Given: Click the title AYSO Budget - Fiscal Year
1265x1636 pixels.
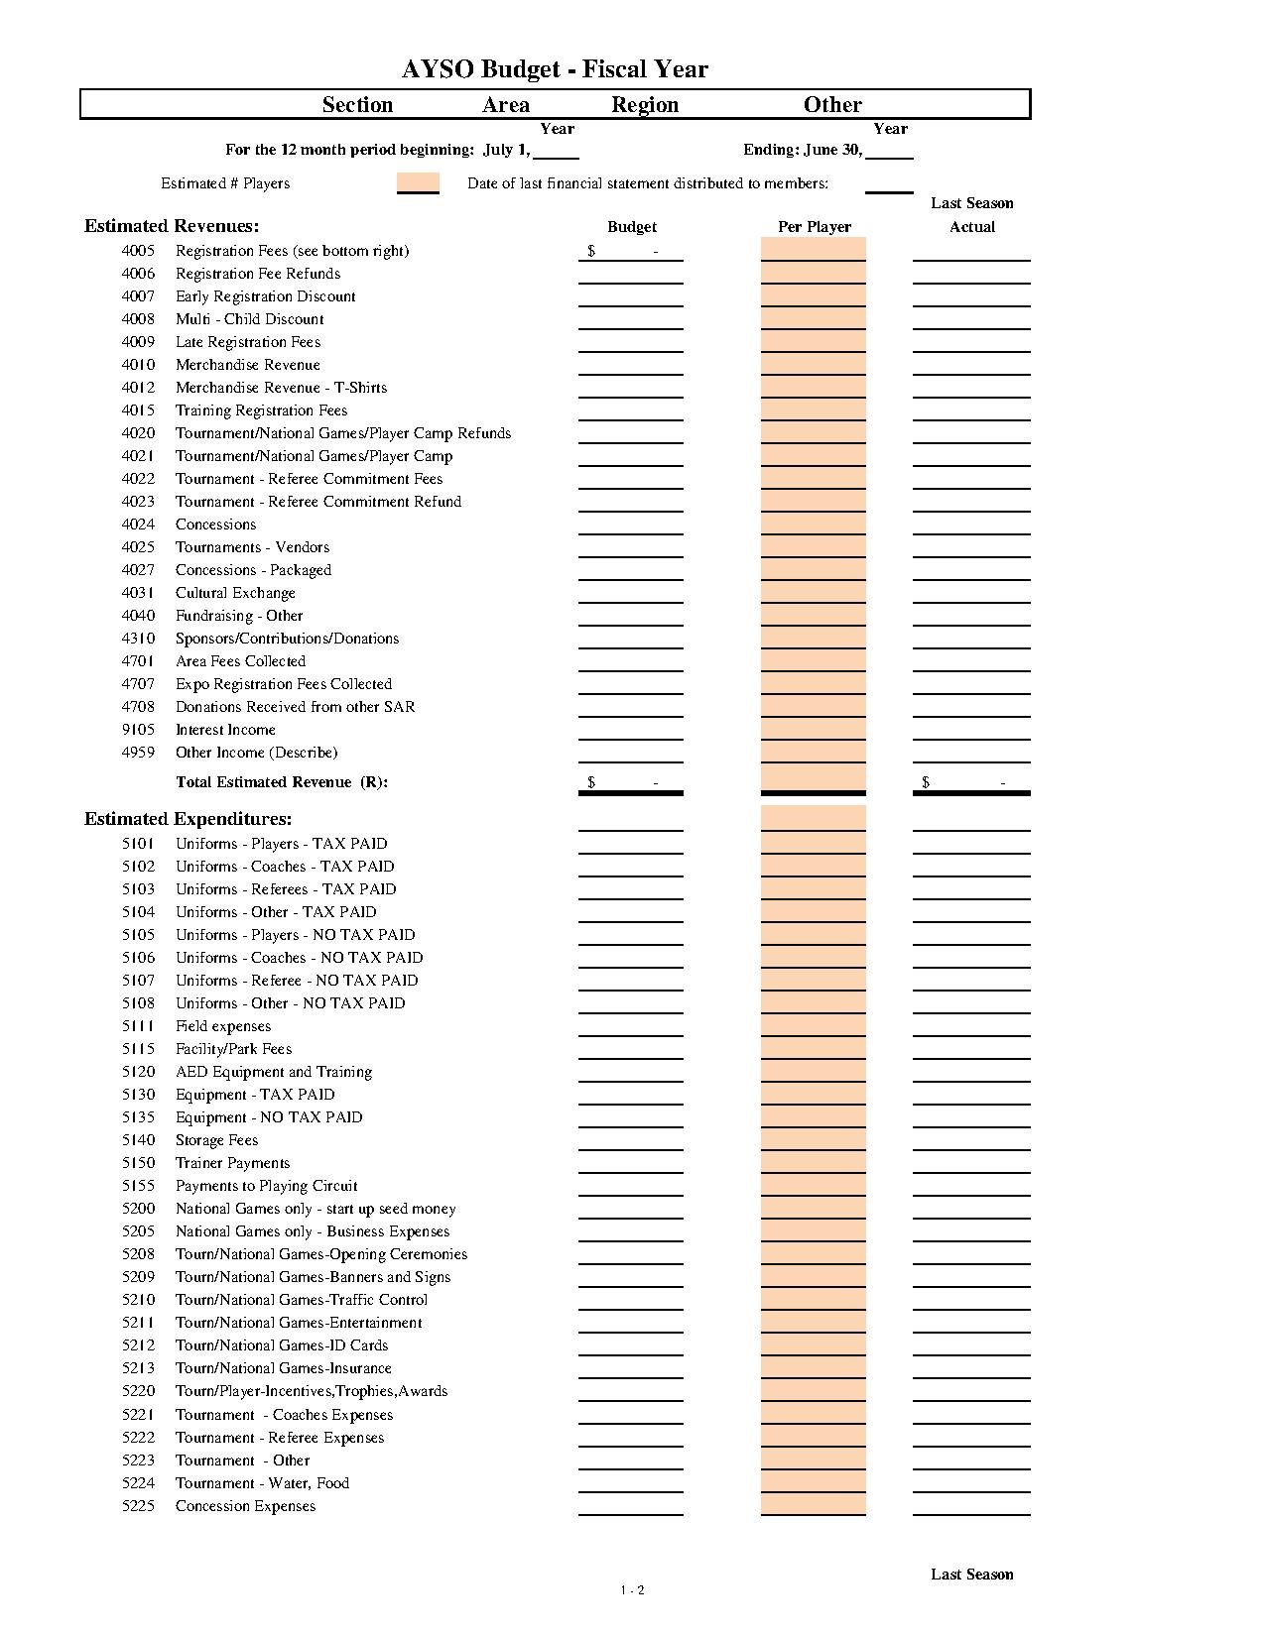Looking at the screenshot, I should (x=555, y=69).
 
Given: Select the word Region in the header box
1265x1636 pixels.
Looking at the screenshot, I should (x=645, y=105).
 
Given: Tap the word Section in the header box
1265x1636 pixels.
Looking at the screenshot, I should (x=357, y=105).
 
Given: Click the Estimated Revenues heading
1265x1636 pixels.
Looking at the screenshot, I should (x=172, y=226).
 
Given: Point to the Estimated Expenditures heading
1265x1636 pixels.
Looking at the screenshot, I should (x=189, y=819).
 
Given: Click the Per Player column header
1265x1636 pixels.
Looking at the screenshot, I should (x=815, y=227).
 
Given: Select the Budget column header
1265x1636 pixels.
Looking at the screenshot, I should (x=632, y=227).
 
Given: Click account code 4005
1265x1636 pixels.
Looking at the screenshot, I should (x=138, y=251).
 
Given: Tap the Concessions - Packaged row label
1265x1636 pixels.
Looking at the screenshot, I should (x=253, y=570).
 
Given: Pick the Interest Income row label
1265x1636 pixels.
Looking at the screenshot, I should (x=225, y=730).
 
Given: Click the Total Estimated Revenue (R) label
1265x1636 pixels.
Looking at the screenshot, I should (x=282, y=782).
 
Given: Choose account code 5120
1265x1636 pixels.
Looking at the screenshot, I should (x=138, y=1072).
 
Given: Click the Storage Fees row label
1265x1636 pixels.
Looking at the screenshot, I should (x=216, y=1140).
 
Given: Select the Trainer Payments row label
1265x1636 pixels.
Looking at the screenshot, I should (x=232, y=1163).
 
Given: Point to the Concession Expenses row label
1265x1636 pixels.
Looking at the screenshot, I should (x=245, y=1506).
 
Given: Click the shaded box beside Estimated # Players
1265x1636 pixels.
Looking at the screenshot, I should (x=418, y=183).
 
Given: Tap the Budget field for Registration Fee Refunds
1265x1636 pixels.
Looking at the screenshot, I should (x=631, y=275).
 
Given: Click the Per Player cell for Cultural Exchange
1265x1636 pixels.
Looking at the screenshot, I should (x=814, y=593).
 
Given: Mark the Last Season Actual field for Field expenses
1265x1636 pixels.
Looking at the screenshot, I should (x=971, y=1027).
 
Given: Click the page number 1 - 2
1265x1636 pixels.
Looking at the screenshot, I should (x=633, y=1590).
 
